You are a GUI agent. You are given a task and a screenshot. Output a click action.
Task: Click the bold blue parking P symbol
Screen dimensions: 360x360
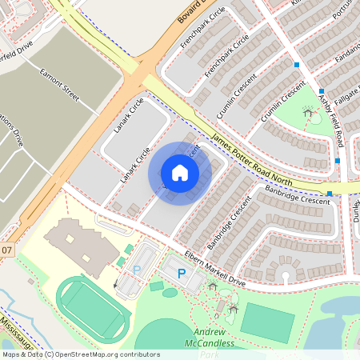[x=182, y=274]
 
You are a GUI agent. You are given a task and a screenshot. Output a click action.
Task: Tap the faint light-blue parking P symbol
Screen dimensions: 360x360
[x=136, y=270]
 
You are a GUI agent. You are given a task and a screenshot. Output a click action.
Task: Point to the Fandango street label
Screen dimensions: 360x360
[x=349, y=56]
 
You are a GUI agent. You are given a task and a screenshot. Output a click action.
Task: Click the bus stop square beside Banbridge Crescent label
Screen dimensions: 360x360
[x=330, y=194]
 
